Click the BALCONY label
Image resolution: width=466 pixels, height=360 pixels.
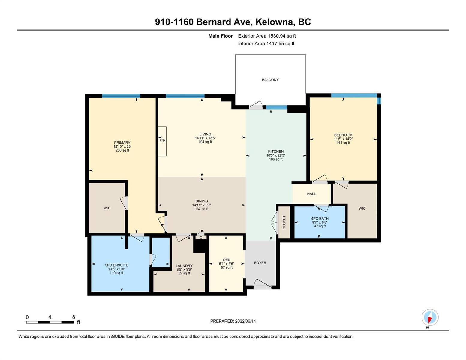click(x=270, y=80)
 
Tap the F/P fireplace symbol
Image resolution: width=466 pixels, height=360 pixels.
click(x=162, y=141)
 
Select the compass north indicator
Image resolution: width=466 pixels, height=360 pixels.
click(x=430, y=317)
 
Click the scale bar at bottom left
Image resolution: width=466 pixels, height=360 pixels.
click(x=50, y=322)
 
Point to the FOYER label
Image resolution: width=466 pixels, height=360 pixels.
click(x=260, y=263)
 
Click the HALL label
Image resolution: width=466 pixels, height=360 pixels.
click(x=311, y=194)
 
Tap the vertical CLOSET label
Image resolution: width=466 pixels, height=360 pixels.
click(x=284, y=222)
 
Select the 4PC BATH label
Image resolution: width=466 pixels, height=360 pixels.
click(x=320, y=218)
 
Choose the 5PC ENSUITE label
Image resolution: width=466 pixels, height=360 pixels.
click(x=116, y=265)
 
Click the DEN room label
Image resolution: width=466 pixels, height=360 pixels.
click(x=227, y=260)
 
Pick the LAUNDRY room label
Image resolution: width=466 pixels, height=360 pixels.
click(x=184, y=266)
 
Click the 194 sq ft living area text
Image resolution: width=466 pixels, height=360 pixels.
click(x=205, y=142)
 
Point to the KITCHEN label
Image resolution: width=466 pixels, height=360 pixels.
click(x=276, y=151)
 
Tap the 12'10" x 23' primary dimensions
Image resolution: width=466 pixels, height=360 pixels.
click(x=122, y=146)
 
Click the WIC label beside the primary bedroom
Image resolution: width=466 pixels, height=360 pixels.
click(x=107, y=208)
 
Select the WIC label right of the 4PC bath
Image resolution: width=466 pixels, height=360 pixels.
click(x=362, y=208)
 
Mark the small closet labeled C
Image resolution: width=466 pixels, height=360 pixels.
click(x=201, y=237)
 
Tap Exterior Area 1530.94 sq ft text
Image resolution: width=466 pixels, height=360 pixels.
click(x=267, y=36)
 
